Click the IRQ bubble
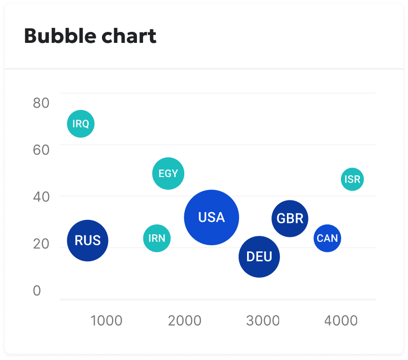(81, 124)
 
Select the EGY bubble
(168, 174)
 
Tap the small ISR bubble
(352, 180)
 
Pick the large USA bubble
(212, 217)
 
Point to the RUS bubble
(88, 240)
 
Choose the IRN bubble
(157, 238)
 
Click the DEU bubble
(259, 257)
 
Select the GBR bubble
(290, 218)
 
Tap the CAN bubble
(327, 238)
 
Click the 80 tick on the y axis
(41, 103)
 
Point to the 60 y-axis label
(41, 150)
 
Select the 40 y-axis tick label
(41, 197)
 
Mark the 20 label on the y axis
(41, 244)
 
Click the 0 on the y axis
(37, 291)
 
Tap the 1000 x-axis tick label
(106, 321)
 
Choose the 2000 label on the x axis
(185, 321)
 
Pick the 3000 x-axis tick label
(263, 321)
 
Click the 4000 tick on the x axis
(341, 321)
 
